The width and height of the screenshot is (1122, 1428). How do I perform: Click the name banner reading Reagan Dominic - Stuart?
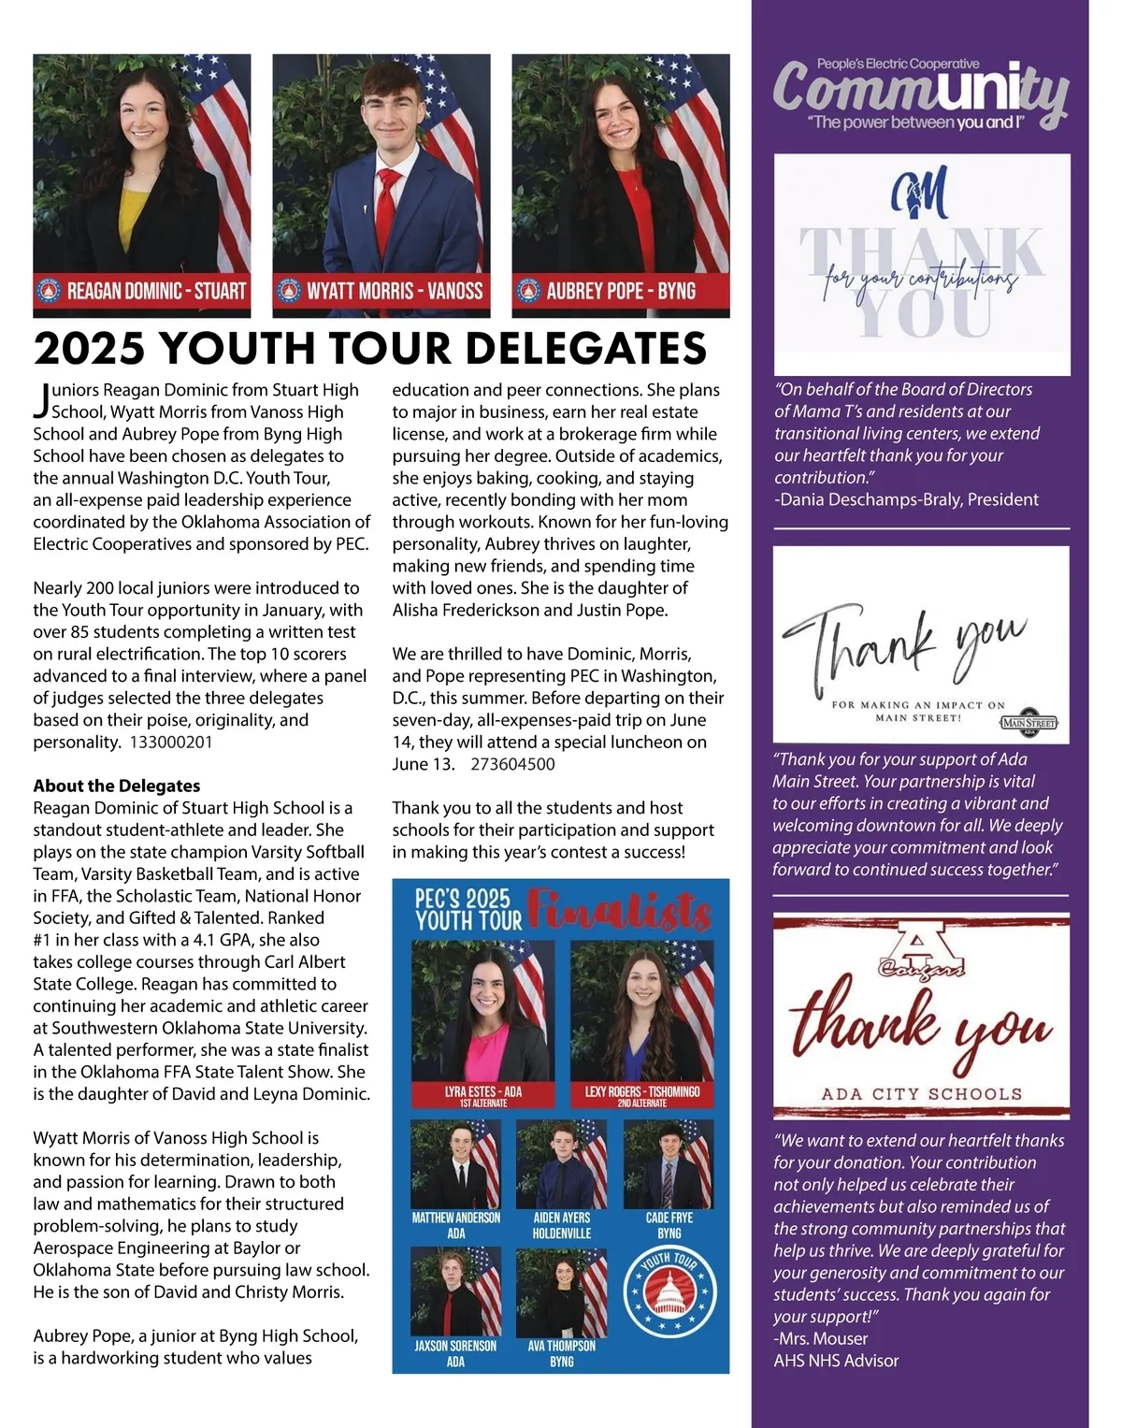pos(142,291)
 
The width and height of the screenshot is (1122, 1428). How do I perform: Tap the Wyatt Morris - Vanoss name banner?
pos(381,291)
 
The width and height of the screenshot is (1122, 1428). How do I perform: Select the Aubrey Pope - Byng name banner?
pos(621,291)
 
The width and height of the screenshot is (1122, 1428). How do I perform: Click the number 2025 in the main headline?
pos(90,348)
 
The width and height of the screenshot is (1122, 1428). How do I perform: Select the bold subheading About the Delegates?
pos(117,786)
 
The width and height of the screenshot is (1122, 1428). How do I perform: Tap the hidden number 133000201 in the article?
pos(171,742)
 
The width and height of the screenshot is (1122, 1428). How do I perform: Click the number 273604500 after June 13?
pos(512,764)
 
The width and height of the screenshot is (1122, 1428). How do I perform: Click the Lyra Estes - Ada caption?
pos(482,1095)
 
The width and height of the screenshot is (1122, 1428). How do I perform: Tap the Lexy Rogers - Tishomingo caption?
pos(642,1095)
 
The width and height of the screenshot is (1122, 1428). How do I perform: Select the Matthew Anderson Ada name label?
pos(456,1225)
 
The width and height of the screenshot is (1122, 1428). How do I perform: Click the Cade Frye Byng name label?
pos(669,1225)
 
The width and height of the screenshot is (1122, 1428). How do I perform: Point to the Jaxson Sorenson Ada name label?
pos(455,1353)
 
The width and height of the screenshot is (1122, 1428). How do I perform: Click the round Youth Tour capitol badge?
pos(669,1293)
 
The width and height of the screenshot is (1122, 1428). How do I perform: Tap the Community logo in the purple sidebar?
pos(921,94)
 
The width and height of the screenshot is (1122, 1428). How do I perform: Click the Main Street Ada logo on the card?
pos(1028,722)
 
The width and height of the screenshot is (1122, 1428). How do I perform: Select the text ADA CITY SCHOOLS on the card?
pos(922,1093)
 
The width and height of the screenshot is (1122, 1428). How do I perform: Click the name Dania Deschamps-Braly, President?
pos(906,499)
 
